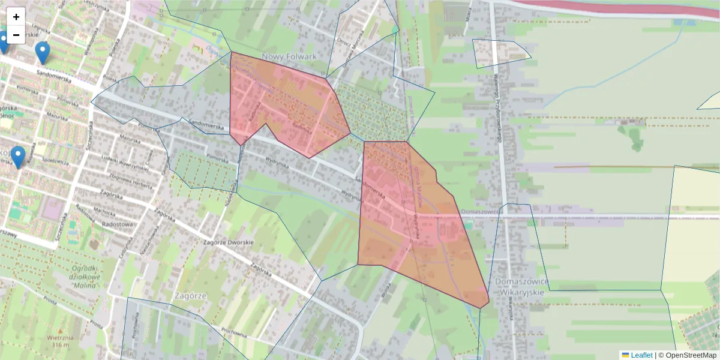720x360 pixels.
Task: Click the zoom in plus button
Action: tap(16, 17)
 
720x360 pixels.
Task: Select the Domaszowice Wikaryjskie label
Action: tap(520, 286)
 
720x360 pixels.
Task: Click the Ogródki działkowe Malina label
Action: tap(84, 277)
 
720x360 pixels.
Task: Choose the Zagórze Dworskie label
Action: tap(228, 242)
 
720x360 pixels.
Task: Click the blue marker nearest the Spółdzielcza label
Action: tap(19, 157)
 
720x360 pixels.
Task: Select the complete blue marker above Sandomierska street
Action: tap(42, 52)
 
